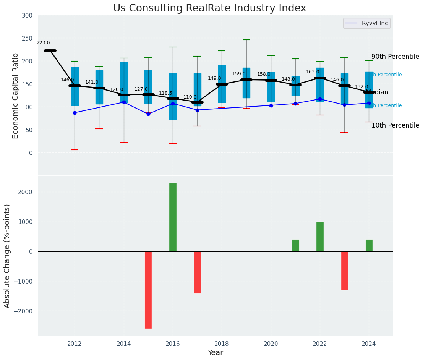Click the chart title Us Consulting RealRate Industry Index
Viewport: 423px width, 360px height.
[x=209, y=8]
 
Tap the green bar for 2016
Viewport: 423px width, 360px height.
[x=173, y=217]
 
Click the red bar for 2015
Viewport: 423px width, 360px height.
[x=148, y=290]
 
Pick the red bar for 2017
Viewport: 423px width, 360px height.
[x=197, y=272]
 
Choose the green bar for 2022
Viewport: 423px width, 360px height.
[x=320, y=237]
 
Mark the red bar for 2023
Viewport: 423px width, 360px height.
[x=344, y=271]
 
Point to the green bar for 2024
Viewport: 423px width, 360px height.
[x=369, y=245]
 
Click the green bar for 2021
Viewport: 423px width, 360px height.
[x=295, y=245]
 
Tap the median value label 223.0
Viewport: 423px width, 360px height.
[x=43, y=43]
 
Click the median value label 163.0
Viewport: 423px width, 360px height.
[x=313, y=72]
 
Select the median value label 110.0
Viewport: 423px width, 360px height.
[x=190, y=97]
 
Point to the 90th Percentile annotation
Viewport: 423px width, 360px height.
[x=395, y=57]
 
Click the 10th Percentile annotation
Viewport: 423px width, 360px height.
[x=395, y=125]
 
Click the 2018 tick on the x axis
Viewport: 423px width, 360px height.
[x=222, y=343]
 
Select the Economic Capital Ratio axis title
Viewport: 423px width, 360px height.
[x=16, y=96]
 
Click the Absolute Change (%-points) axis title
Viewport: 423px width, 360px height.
[x=7, y=256]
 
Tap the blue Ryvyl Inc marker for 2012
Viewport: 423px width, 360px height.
[x=75, y=113]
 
